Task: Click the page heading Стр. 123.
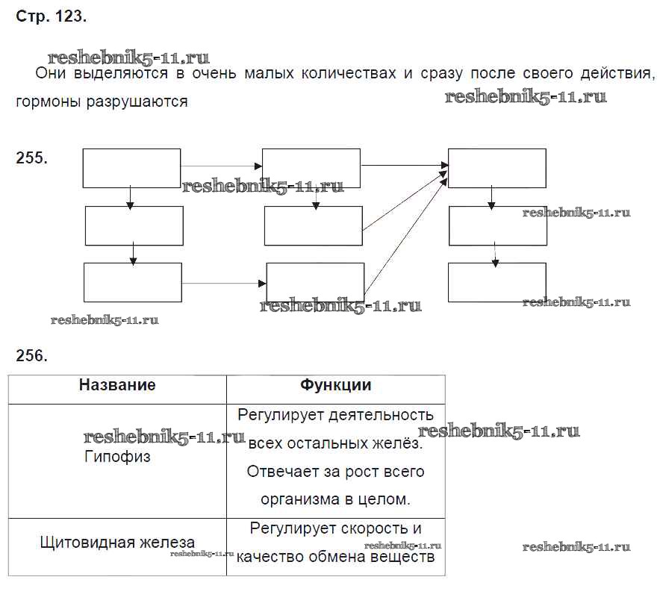51,18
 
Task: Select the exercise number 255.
31,157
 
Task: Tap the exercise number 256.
31,355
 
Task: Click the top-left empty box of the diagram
131,168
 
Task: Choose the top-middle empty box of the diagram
311,168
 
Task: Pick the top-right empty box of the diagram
496,168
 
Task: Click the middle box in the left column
134,225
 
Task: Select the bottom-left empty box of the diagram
133,282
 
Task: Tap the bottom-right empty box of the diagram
496,282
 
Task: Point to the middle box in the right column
497,225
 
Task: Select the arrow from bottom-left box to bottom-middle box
224,284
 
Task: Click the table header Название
117,385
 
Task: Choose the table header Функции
335,385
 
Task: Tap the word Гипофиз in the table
117,457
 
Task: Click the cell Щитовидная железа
117,543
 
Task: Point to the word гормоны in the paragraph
47,102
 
